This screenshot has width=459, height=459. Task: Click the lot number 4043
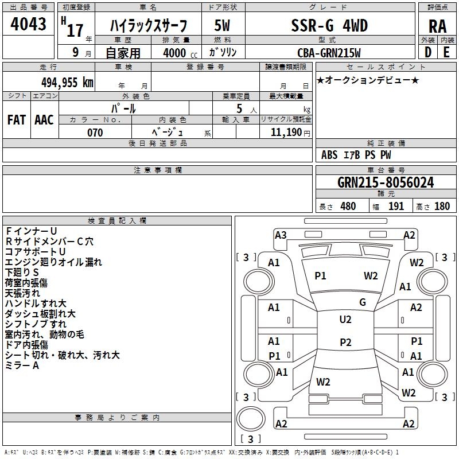pyautogui.click(x=28, y=24)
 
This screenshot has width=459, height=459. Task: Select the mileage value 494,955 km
pyautogui.click(x=67, y=82)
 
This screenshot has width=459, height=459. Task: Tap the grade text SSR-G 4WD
pyautogui.click(x=330, y=26)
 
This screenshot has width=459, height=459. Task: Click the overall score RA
pyautogui.click(x=437, y=26)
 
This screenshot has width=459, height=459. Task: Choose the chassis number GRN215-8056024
pyautogui.click(x=386, y=182)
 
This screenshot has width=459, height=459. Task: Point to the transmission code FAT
pyautogui.click(x=16, y=120)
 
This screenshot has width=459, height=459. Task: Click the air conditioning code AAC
pyautogui.click(x=44, y=120)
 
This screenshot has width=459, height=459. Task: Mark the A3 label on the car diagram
pyautogui.click(x=281, y=235)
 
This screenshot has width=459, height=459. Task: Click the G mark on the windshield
pyautogui.click(x=363, y=302)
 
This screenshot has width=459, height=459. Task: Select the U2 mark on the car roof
pyautogui.click(x=345, y=319)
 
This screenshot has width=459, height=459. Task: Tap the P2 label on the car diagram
pyautogui.click(x=345, y=343)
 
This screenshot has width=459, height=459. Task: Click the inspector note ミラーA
pyautogui.click(x=22, y=365)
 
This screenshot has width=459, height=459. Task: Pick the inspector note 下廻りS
pyautogui.click(x=22, y=272)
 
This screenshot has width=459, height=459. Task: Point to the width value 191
pyautogui.click(x=396, y=207)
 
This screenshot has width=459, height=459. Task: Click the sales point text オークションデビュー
pyautogui.click(x=368, y=80)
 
